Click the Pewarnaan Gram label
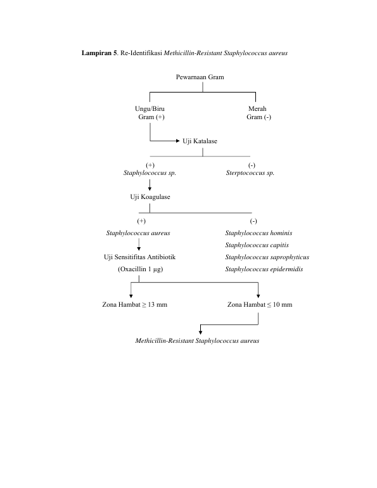tap(200, 77)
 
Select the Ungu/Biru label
tap(150, 108)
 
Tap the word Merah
tap(257, 108)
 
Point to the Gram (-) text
tap(259, 117)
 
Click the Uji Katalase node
tap(200, 141)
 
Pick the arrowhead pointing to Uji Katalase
tap(178, 141)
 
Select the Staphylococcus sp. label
tap(150, 173)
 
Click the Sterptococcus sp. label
tap(250, 173)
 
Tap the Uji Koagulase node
tap(150, 196)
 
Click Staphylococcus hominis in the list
tap(259, 233)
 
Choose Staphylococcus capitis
tap(257, 245)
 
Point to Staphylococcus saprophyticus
tap(267, 257)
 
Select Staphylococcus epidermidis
tap(264, 269)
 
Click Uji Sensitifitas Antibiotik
tap(139, 257)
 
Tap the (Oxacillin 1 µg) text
tap(140, 269)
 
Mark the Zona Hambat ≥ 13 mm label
tap(135, 304)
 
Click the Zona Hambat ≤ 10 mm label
tap(260, 304)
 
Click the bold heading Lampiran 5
tap(99, 53)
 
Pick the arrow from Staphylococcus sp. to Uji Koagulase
tap(150, 185)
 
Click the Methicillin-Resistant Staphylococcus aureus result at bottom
tap(197, 341)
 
